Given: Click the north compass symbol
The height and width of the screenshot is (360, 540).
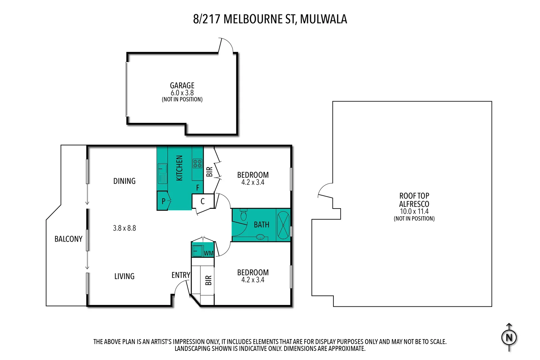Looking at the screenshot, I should click(x=509, y=337).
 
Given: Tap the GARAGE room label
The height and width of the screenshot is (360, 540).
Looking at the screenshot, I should click(x=182, y=85).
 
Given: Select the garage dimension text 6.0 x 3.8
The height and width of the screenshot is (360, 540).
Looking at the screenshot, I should click(x=182, y=93).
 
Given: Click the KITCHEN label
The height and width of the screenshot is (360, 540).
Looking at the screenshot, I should click(x=179, y=168).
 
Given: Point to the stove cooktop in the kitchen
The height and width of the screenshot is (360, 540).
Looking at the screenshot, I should click(x=197, y=164).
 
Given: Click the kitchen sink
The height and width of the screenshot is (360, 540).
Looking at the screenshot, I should click(x=162, y=173).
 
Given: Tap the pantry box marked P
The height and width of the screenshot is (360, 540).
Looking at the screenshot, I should click(x=163, y=201).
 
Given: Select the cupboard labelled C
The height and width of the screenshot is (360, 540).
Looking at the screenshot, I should click(x=202, y=201).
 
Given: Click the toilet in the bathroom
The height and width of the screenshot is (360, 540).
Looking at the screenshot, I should click(x=243, y=215).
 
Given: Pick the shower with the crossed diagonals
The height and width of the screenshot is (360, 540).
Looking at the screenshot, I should click(x=283, y=225).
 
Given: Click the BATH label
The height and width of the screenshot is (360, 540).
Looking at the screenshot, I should click(x=261, y=225).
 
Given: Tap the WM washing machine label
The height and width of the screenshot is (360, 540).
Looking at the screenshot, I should click(x=208, y=253).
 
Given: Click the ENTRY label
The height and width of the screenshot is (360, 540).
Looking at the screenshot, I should click(x=181, y=275).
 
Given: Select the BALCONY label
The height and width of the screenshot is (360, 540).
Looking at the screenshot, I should click(x=68, y=239).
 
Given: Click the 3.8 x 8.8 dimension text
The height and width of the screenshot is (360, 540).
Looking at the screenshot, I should click(x=124, y=228).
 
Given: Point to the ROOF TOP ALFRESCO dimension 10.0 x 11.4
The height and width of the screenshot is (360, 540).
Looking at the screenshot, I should click(x=414, y=212).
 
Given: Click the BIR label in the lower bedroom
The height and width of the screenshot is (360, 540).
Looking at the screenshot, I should click(x=208, y=280).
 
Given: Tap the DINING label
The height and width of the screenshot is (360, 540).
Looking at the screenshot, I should click(x=124, y=181).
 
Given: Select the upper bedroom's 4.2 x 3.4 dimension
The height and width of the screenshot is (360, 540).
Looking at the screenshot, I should click(x=252, y=183).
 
